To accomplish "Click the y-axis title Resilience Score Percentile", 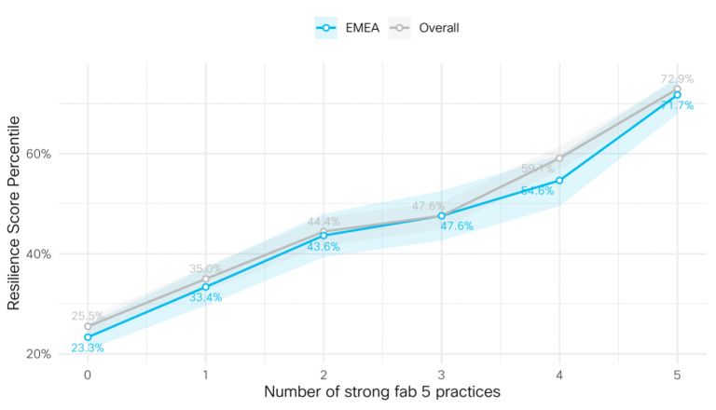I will point(14,212).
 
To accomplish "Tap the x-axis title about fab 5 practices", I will point(382,391).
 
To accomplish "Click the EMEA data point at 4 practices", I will point(559,180).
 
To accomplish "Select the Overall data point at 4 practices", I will point(559,157).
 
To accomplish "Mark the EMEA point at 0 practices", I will point(88,337).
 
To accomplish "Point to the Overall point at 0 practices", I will point(88,326).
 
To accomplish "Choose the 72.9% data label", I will point(678,79).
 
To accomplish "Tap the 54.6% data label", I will point(538,190).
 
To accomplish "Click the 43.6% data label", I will point(324,247).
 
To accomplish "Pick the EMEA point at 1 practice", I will point(206,287).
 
